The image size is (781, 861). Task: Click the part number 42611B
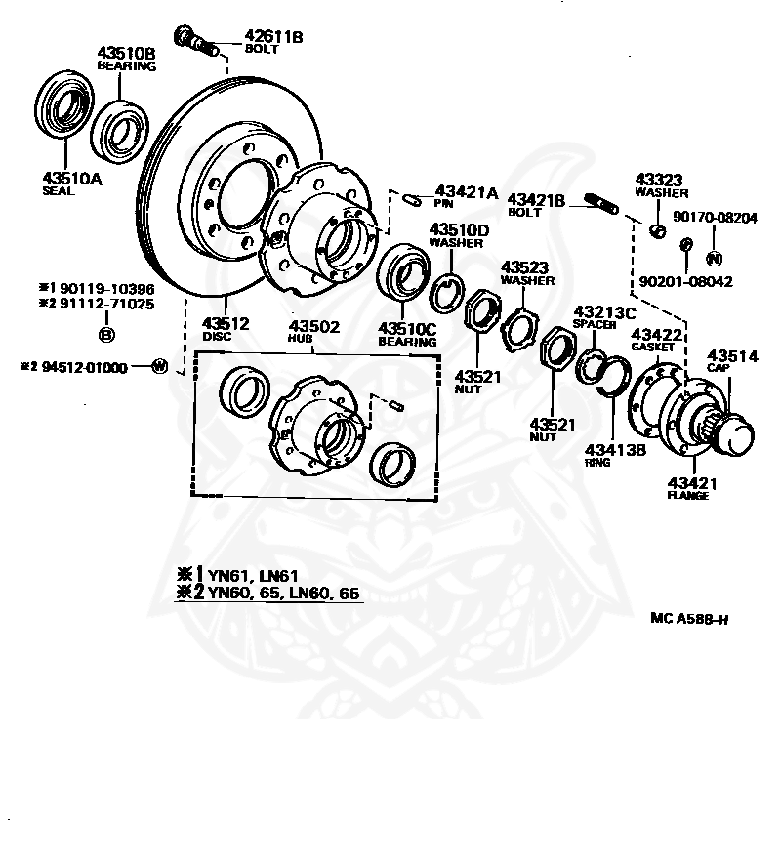point(273,36)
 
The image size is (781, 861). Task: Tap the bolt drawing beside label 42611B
point(196,41)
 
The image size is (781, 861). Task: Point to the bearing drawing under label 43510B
point(120,131)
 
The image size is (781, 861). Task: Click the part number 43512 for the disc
point(226,323)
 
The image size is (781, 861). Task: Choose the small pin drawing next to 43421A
point(413,200)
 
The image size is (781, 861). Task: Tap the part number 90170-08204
point(715,218)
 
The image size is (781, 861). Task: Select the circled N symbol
point(714,258)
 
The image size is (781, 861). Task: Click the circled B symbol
point(106,335)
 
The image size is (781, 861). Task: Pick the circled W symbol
point(159,366)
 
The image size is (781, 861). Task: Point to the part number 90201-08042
point(686,282)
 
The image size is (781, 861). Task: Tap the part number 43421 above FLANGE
point(692,483)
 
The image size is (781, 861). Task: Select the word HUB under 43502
point(300,338)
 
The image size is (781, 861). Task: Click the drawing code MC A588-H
point(689,618)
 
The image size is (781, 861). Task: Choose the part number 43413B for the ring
point(615,450)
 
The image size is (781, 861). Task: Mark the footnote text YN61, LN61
point(253,576)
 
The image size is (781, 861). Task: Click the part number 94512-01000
point(85,367)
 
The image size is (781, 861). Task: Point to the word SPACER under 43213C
point(595,324)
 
